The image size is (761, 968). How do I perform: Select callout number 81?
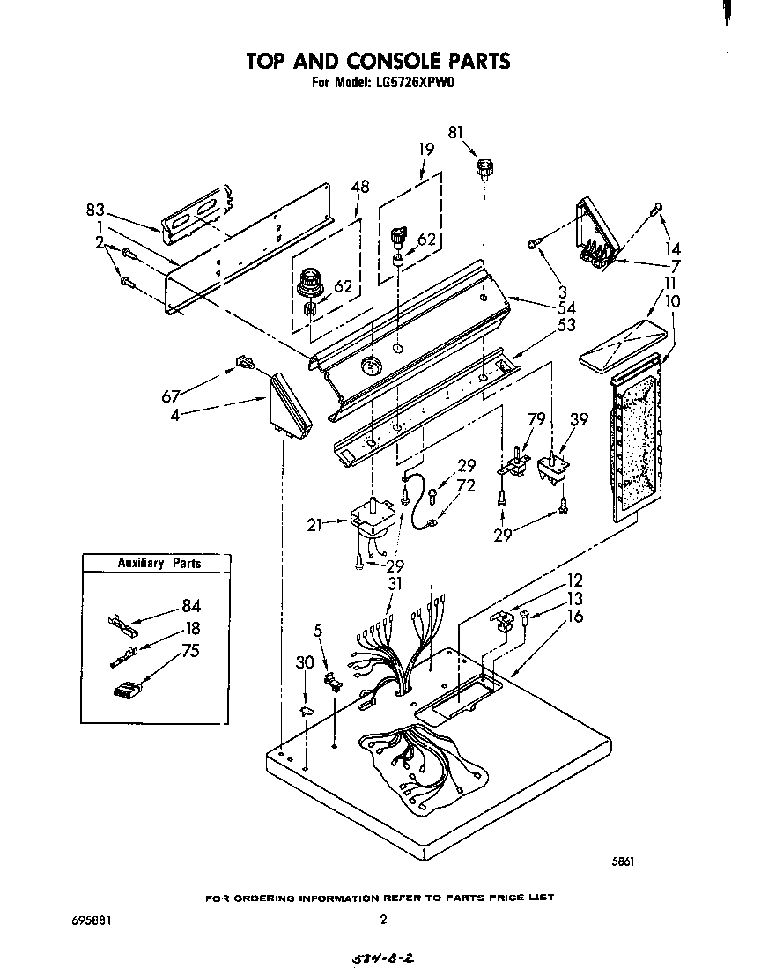[455, 133]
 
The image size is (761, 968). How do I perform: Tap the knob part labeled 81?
[483, 167]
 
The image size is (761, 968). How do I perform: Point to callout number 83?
[96, 210]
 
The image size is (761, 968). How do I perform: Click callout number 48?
[359, 186]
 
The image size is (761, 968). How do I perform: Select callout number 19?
[426, 150]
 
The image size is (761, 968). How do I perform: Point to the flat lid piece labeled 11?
[621, 345]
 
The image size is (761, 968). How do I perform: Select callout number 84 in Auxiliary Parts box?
[190, 605]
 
